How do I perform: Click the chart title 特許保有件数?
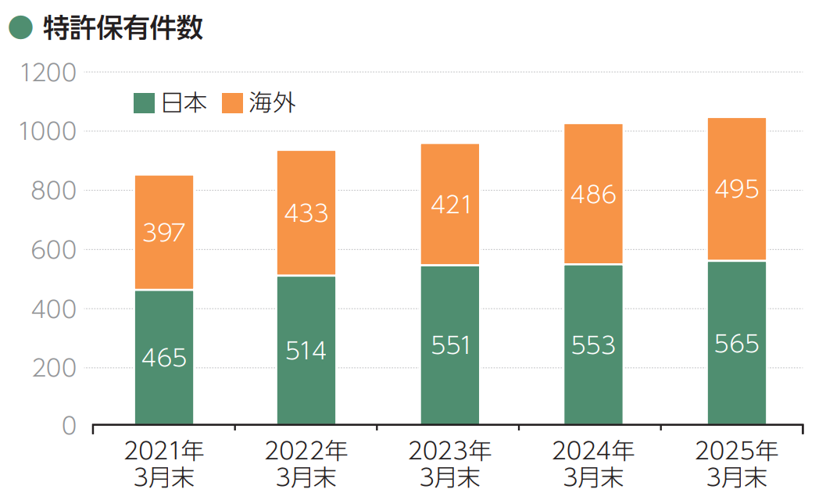point(123,28)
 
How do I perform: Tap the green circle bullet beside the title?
point(20,28)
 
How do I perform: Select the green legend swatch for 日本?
point(145,102)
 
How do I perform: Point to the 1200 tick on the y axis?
point(48,73)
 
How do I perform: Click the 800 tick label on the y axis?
point(53,191)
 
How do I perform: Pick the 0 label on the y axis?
point(69,426)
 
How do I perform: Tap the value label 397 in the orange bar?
point(164,232)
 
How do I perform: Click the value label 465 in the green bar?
point(164,358)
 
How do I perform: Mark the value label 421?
point(450,205)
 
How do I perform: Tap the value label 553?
point(593,345)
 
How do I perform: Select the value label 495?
point(737,189)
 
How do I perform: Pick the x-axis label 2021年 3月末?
point(164,464)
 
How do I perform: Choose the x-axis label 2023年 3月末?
point(450,464)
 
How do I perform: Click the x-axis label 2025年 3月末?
point(737,464)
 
